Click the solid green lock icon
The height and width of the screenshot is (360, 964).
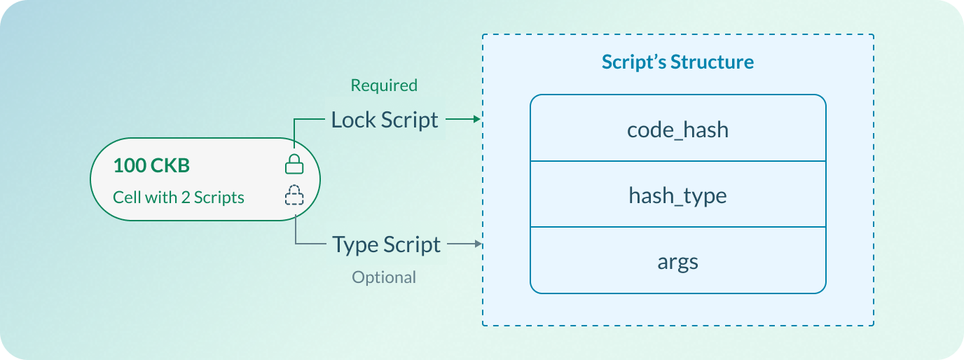(294, 165)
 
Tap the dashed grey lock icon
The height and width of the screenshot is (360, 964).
(294, 195)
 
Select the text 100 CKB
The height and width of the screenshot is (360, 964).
(151, 166)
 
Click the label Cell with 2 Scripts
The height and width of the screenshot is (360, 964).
(179, 198)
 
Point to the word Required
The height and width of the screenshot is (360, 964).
(384, 85)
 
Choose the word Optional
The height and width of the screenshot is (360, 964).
(384, 277)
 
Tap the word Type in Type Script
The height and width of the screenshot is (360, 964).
(355, 244)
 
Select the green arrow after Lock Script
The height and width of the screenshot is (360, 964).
(463, 120)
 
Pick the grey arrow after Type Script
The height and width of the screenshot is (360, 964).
(465, 244)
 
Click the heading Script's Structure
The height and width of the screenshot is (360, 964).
(677, 62)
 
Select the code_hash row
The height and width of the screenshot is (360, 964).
(677, 129)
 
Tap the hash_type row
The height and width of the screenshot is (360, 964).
(677, 195)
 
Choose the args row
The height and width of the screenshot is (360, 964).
(677, 261)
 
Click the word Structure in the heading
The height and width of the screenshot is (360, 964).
(712, 62)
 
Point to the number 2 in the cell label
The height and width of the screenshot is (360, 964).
(186, 198)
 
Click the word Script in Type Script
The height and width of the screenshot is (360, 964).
(413, 244)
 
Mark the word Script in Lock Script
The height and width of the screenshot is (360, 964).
(411, 120)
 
